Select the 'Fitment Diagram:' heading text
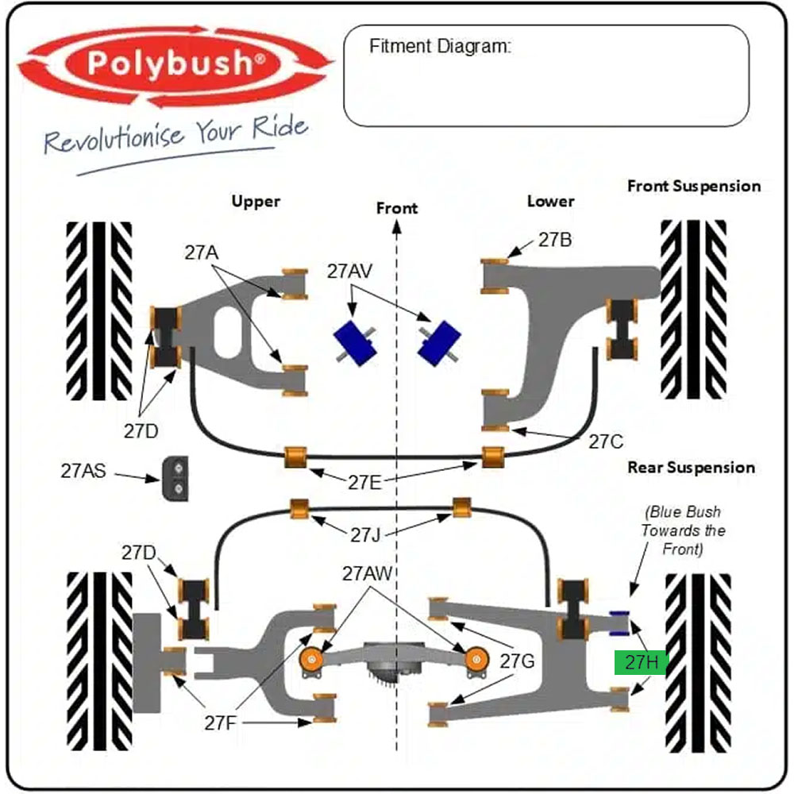(440, 46)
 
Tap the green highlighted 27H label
(641, 662)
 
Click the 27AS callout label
(83, 471)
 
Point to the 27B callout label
(555, 240)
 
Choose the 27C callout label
(606, 442)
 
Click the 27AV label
(349, 272)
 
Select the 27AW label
(367, 574)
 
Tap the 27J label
(365, 534)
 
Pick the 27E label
(364, 483)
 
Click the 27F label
(220, 723)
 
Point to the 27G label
(517, 661)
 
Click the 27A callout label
(202, 252)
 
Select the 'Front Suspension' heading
(694, 187)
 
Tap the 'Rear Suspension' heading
(692, 468)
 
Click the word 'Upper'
(256, 202)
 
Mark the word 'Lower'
(550, 202)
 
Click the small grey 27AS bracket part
(175, 479)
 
